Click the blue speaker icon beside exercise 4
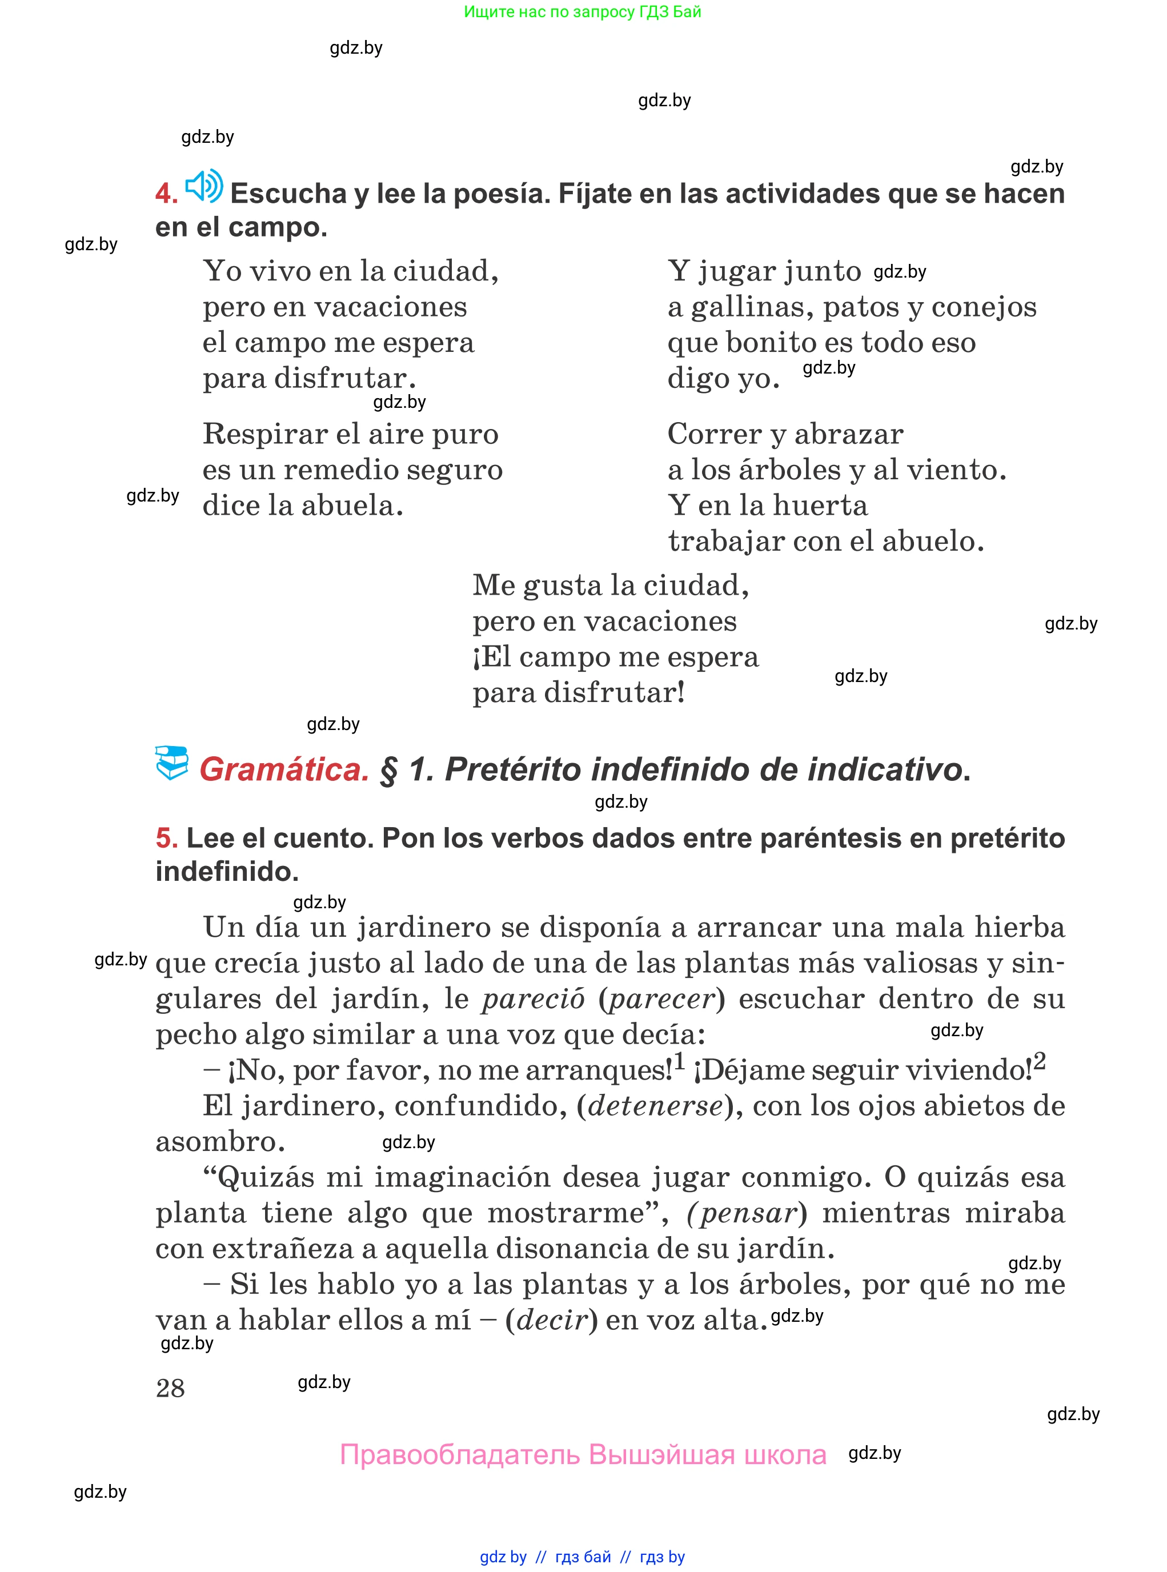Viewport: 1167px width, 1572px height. point(203,187)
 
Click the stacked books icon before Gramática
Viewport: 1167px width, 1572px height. point(172,763)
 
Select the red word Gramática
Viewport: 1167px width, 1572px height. point(284,769)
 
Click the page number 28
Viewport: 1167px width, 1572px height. point(170,1387)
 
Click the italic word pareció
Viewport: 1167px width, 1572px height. point(534,999)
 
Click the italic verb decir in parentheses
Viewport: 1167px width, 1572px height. point(552,1320)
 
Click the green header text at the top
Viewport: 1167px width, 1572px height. point(582,12)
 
